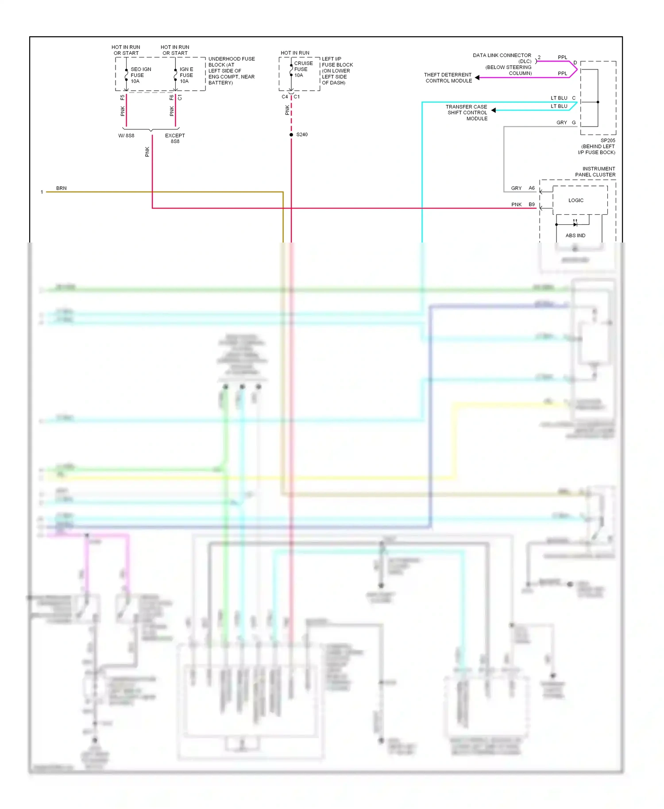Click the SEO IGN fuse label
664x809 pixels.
click(140, 69)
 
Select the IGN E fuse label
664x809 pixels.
click(186, 69)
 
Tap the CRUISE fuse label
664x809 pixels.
click(303, 63)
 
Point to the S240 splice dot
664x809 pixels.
click(291, 135)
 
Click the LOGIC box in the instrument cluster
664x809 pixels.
click(576, 200)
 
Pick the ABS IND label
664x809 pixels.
click(575, 235)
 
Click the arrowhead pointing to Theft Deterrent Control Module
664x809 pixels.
click(477, 78)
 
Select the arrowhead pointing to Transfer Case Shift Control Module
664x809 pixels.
click(494, 110)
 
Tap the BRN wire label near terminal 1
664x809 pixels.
click(62, 189)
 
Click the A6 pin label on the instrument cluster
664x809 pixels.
click(532, 188)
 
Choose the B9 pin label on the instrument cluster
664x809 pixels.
click(532, 204)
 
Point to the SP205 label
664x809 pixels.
click(608, 141)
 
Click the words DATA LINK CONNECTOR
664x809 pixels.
click(502, 56)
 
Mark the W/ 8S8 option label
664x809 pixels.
click(126, 136)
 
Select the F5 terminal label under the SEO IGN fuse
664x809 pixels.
click(123, 98)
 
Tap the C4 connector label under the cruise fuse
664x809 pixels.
click(285, 97)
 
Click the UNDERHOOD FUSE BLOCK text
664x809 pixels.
click(231, 62)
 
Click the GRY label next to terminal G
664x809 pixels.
click(561, 123)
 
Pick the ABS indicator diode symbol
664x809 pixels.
click(575, 224)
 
